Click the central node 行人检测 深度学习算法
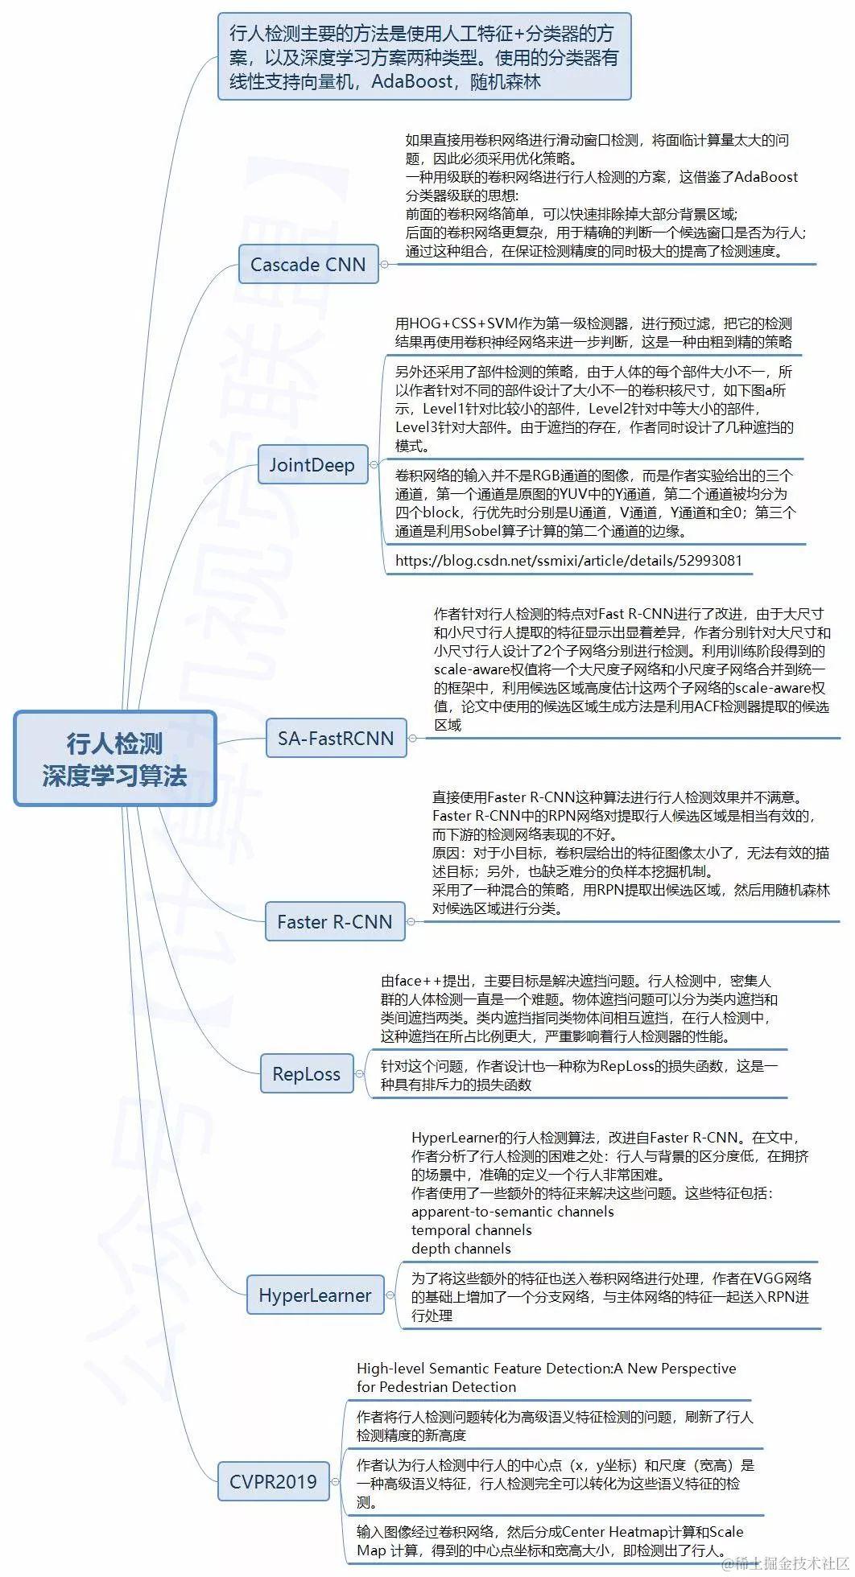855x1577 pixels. (x=115, y=758)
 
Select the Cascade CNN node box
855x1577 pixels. (x=308, y=264)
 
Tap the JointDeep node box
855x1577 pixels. (x=312, y=464)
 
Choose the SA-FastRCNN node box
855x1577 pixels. (x=336, y=738)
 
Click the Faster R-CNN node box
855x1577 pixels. (x=334, y=921)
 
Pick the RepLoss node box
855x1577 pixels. (x=306, y=1073)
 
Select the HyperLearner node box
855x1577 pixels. (x=315, y=1295)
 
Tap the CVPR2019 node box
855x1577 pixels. (x=273, y=1481)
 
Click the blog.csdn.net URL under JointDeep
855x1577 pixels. (x=568, y=560)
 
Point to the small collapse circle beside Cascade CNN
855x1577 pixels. (x=385, y=264)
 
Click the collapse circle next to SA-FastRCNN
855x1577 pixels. (x=413, y=738)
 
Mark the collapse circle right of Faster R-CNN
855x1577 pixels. (x=411, y=921)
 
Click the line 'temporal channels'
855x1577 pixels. (x=471, y=1229)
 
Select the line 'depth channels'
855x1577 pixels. (x=461, y=1248)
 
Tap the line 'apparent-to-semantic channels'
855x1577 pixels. (x=512, y=1211)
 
